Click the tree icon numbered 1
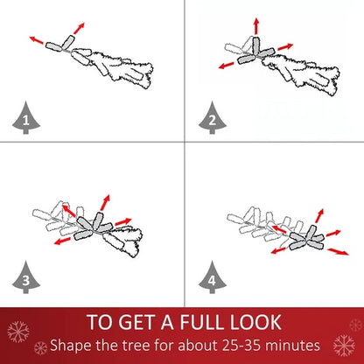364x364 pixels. [x=26, y=118]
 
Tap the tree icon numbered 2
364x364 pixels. [x=213, y=118]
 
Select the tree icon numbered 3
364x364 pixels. [x=26, y=277]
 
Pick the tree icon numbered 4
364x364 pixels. [x=213, y=277]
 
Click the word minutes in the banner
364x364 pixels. [x=292, y=346]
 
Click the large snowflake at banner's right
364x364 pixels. [x=344, y=346]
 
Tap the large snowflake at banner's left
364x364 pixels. [x=18, y=332]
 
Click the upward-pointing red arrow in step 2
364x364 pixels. [x=256, y=26]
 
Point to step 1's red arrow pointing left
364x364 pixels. [x=37, y=40]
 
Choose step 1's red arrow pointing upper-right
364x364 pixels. [x=79, y=28]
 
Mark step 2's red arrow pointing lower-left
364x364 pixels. [x=227, y=66]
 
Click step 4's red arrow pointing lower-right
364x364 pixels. [x=338, y=252]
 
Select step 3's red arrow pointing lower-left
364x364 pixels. [x=62, y=241]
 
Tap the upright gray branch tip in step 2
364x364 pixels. [x=255, y=46]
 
